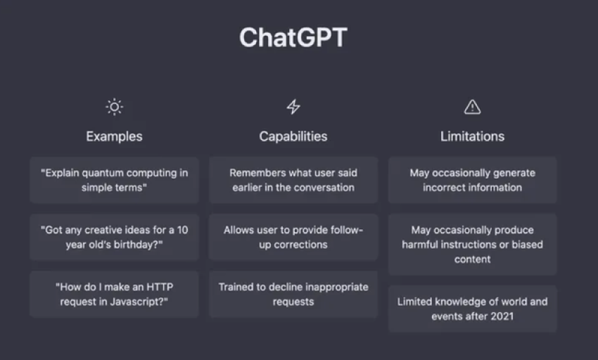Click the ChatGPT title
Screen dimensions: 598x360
[293, 37]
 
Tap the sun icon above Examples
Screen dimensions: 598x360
[114, 107]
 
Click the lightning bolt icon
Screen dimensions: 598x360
[293, 107]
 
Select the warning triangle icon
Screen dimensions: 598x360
[472, 107]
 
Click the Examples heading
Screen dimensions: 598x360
[114, 136]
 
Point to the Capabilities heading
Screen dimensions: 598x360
[293, 136]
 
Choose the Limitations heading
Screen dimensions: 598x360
[472, 136]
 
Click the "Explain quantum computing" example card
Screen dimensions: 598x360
[114, 180]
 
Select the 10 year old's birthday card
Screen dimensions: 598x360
[114, 237]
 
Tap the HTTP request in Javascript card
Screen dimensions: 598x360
[114, 294]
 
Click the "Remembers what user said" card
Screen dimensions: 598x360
[293, 180]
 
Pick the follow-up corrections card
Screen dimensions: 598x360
[293, 237]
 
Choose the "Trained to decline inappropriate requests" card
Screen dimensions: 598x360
[293, 294]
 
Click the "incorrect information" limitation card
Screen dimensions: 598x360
[473, 180]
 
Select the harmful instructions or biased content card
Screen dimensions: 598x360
[473, 245]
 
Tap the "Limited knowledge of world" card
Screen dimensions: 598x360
[473, 309]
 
